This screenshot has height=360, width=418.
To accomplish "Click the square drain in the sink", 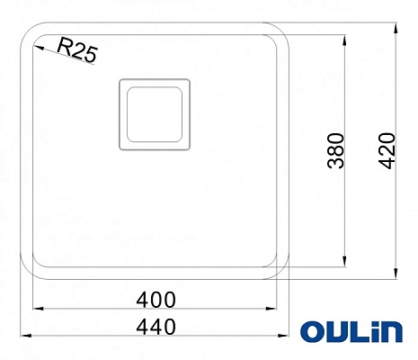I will (153, 112).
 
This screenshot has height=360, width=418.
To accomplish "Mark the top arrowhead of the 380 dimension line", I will (345, 40).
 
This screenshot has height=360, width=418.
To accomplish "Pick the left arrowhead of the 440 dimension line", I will (22, 336).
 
